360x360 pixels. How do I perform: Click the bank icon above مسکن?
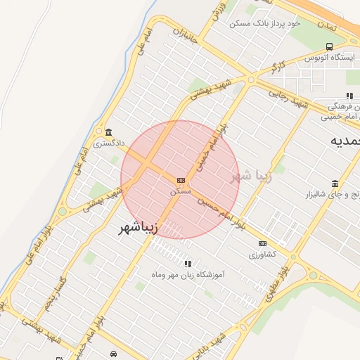181,181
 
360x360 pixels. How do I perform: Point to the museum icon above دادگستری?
108,133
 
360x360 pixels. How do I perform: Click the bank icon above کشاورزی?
262,244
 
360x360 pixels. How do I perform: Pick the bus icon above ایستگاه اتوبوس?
329,47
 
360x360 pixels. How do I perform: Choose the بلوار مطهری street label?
283,266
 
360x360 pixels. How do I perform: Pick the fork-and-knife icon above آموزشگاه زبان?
187,264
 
